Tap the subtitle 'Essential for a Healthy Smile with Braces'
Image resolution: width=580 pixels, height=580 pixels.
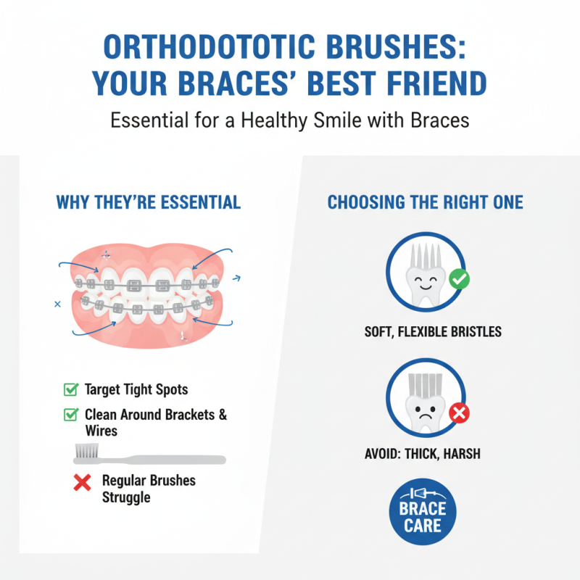click(x=290, y=120)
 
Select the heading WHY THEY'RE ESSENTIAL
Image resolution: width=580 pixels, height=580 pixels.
click(x=148, y=202)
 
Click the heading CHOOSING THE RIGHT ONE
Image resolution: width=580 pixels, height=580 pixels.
click(x=425, y=202)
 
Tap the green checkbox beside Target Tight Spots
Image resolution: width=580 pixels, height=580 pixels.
click(x=71, y=390)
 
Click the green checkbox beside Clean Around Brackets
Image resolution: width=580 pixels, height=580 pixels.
click(x=71, y=415)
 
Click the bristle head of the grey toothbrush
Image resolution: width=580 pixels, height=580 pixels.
click(x=86, y=452)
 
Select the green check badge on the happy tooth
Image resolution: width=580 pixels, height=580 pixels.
click(x=458, y=279)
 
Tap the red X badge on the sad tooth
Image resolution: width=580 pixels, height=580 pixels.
click(x=460, y=413)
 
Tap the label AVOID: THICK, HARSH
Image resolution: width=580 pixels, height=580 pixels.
click(x=423, y=455)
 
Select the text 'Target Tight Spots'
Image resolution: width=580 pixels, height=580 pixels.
click(x=136, y=390)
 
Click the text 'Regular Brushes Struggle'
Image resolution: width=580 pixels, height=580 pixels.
click(x=149, y=489)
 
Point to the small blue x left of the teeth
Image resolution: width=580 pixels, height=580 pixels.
click(x=57, y=304)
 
